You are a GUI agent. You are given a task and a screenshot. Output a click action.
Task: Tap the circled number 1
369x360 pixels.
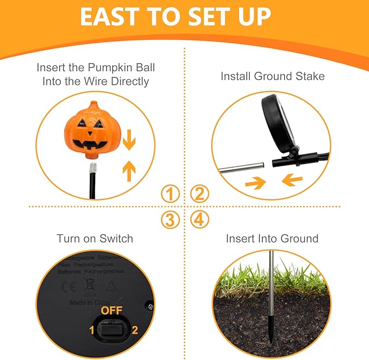tap(171, 193)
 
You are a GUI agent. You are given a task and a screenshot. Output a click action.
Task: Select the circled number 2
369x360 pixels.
tap(199, 193)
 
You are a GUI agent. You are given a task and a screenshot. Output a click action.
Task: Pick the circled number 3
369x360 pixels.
tap(171, 220)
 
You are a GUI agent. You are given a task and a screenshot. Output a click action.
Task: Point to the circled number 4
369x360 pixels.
tap(199, 220)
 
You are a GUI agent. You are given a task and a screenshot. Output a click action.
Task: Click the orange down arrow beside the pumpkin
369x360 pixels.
tap(129, 141)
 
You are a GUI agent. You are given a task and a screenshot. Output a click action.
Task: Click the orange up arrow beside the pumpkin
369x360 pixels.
tap(129, 171)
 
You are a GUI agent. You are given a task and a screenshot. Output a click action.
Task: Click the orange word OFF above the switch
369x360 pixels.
tap(112, 310)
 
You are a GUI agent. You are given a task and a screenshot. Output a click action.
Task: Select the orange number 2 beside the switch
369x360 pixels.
tap(135, 329)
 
